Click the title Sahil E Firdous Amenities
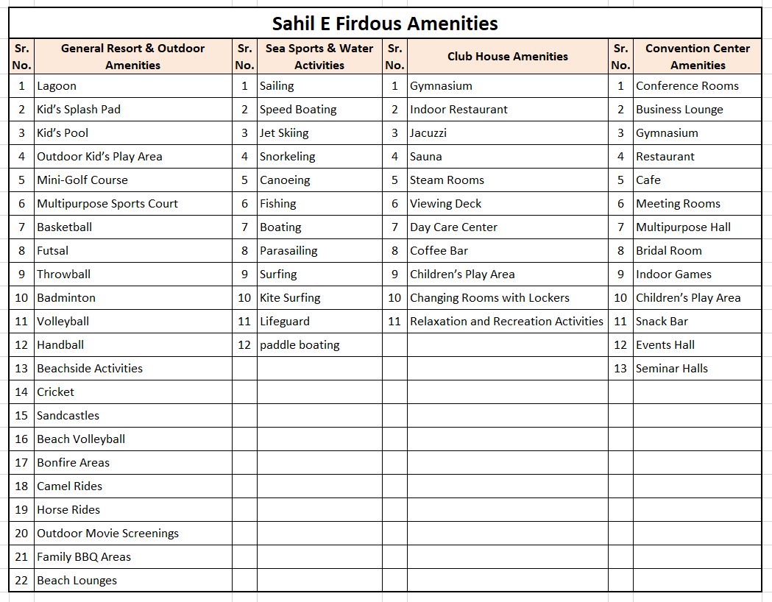coord(385,24)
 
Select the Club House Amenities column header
coord(507,57)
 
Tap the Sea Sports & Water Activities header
coord(319,57)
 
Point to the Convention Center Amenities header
coord(697,57)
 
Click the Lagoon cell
coord(57,86)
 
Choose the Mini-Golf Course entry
coord(82,180)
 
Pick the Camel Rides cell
coord(70,486)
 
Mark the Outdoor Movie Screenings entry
coord(107,534)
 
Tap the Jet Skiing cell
coord(284,133)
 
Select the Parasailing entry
coord(288,251)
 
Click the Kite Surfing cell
coord(290,298)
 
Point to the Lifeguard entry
coord(285,322)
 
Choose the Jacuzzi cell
coord(428,133)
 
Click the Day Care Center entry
coord(453,227)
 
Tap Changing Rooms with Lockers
coord(489,298)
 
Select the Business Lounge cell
coord(679,110)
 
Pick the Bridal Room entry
coord(669,251)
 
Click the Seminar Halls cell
coord(672,369)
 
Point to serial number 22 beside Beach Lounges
coord(21,581)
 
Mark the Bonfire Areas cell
coord(73,463)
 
